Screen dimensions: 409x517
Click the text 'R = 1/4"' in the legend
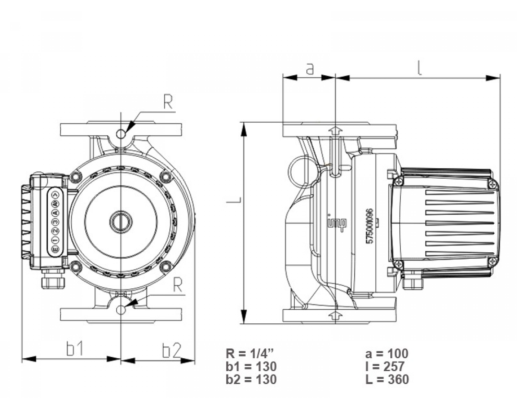250,354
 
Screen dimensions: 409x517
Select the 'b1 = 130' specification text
251,366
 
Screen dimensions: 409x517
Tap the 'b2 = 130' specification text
251,379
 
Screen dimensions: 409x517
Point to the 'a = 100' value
386,354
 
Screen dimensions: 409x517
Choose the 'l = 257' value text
385,366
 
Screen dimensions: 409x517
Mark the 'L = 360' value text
386,379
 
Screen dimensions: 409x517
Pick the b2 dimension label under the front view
171,350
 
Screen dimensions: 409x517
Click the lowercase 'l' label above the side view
420,68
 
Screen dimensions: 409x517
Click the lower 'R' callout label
177,285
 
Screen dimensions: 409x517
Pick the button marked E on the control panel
55,249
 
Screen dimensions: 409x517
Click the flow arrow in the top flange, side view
335,130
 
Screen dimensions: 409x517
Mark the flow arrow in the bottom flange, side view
335,315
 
